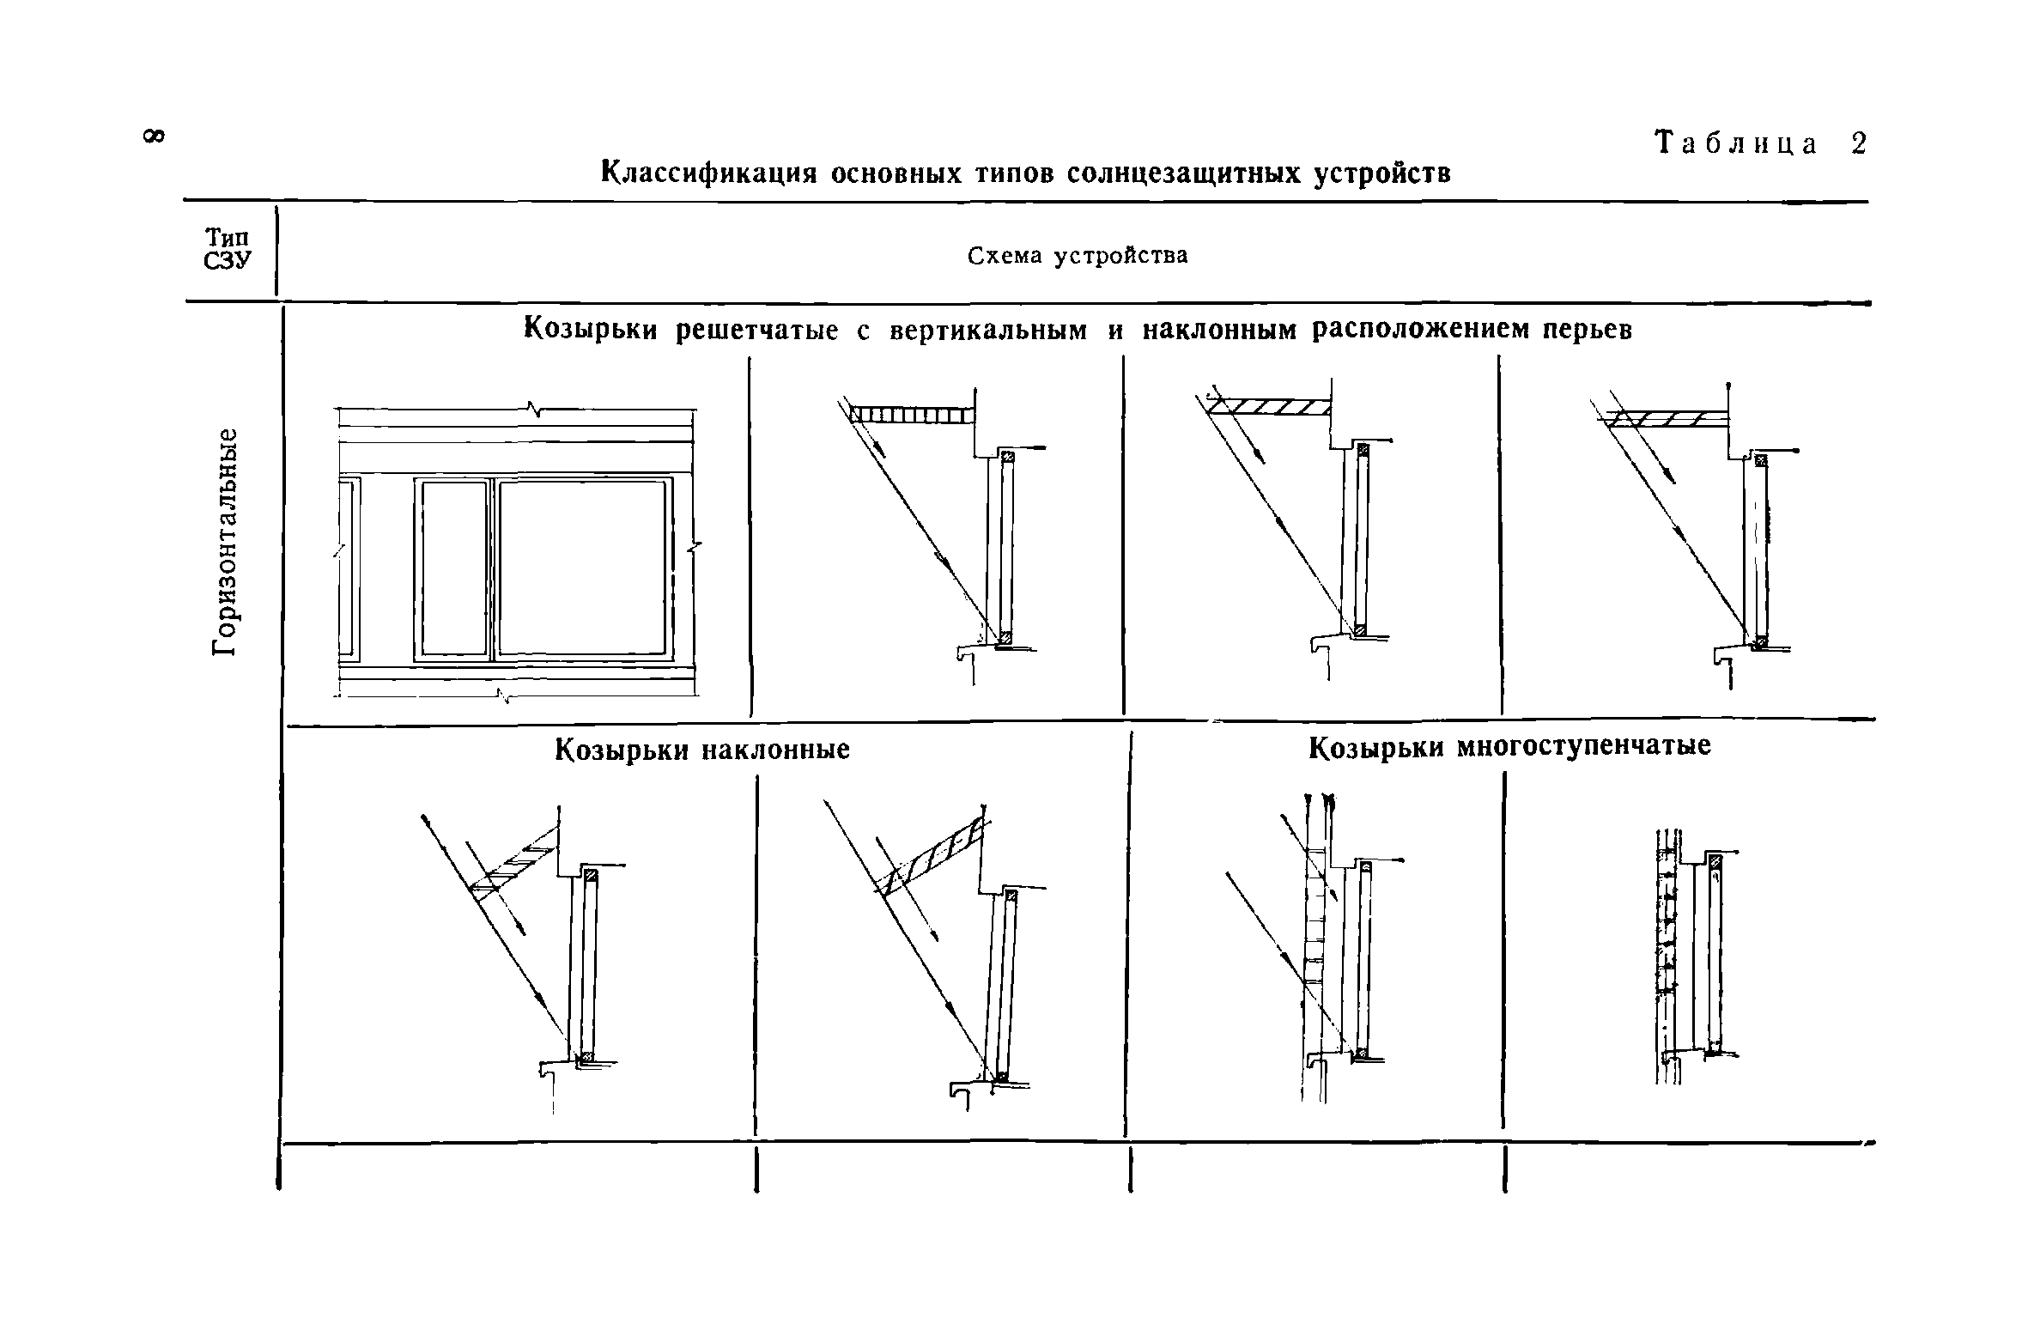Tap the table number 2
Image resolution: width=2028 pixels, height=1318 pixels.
coord(1859,143)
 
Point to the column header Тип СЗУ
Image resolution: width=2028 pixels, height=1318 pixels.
coord(228,249)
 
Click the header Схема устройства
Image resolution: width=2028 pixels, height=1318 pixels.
coord(1078,256)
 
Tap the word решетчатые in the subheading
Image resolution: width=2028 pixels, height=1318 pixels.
coord(756,331)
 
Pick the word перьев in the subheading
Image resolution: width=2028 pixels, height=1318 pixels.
coord(1588,331)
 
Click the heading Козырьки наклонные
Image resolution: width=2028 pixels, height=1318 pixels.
coord(701,750)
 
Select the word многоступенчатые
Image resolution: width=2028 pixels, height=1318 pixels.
coord(1584,747)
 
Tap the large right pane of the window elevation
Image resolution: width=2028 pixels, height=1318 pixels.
coord(581,568)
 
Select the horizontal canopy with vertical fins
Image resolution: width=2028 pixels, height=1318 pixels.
coord(912,416)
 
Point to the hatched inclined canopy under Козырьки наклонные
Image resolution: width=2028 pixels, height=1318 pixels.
coord(515,859)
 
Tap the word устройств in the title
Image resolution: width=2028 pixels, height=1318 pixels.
coord(1383,173)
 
